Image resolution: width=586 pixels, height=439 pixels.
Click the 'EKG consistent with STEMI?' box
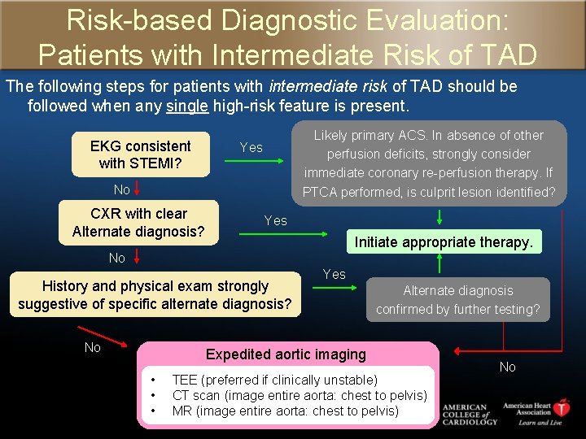(x=140, y=154)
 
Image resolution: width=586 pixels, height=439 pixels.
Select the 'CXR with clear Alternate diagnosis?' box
(x=138, y=222)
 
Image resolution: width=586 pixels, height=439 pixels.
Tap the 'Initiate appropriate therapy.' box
(x=444, y=241)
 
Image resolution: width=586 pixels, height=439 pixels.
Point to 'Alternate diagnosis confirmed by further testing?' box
(x=458, y=299)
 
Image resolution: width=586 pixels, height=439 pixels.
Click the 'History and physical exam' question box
(x=155, y=295)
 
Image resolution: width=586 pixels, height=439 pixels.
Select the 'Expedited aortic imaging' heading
(x=286, y=354)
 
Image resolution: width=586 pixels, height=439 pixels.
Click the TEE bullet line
(x=274, y=380)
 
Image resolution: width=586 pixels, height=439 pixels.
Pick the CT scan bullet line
(x=299, y=395)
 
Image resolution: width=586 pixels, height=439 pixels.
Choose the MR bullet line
(x=285, y=411)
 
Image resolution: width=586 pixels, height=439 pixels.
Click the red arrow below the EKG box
(x=138, y=189)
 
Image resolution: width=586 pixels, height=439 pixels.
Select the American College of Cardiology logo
(x=466, y=414)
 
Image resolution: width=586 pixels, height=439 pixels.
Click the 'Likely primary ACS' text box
(x=428, y=163)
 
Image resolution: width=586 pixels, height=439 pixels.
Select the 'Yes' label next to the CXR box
(x=275, y=220)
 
